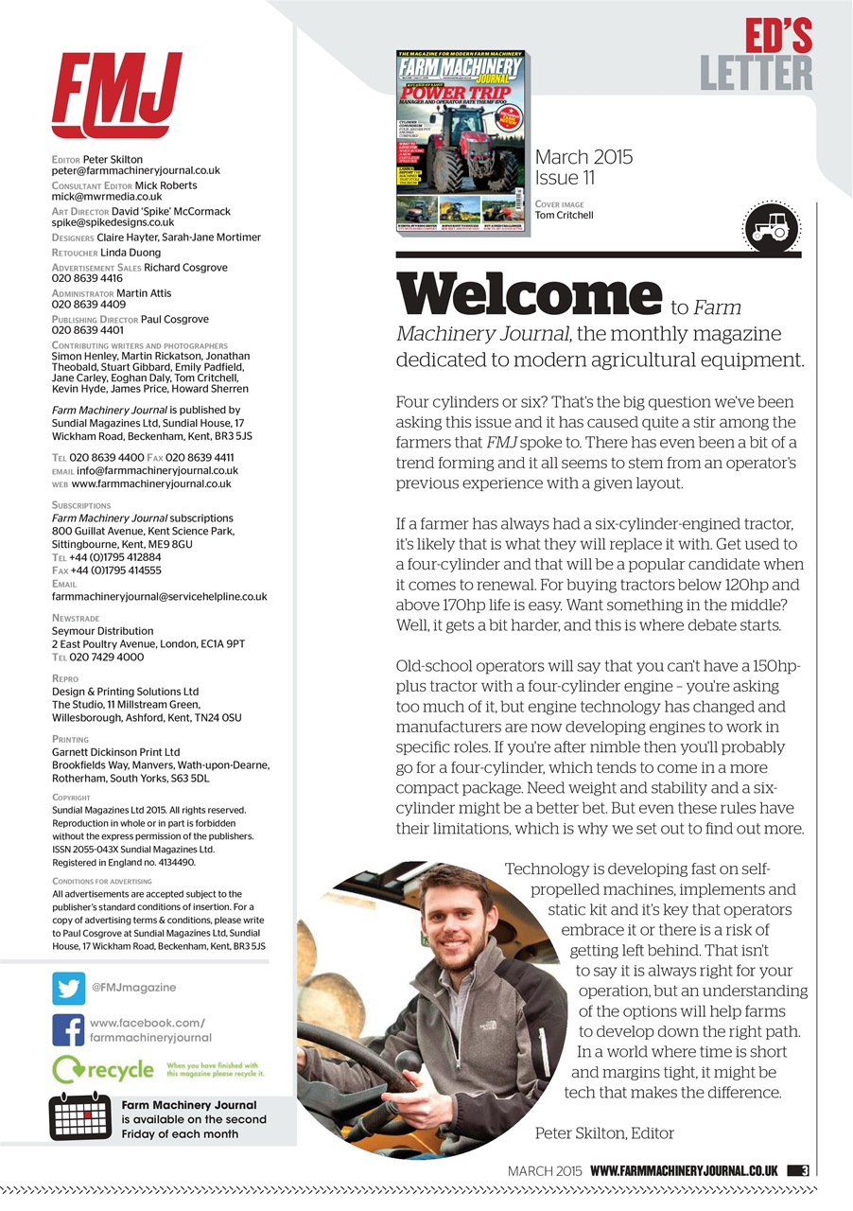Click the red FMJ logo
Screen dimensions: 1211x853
(x=116, y=95)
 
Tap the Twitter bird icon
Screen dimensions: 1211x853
(x=68, y=988)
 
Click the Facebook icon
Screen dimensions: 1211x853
(x=68, y=1030)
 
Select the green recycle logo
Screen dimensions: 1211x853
(x=104, y=1069)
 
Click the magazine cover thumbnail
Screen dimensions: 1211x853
(x=461, y=142)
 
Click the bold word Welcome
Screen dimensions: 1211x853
(x=529, y=296)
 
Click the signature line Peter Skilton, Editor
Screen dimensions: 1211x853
(x=604, y=1132)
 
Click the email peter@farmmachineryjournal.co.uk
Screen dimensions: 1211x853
(x=135, y=171)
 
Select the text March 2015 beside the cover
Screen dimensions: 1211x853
(x=583, y=157)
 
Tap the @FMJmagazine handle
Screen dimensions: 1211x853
(x=133, y=988)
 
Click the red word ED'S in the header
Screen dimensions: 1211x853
(x=777, y=36)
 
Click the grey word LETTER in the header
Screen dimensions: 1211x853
(x=757, y=73)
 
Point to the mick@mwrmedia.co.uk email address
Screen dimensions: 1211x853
(x=107, y=197)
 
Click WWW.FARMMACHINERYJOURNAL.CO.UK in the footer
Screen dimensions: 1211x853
(x=684, y=1170)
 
